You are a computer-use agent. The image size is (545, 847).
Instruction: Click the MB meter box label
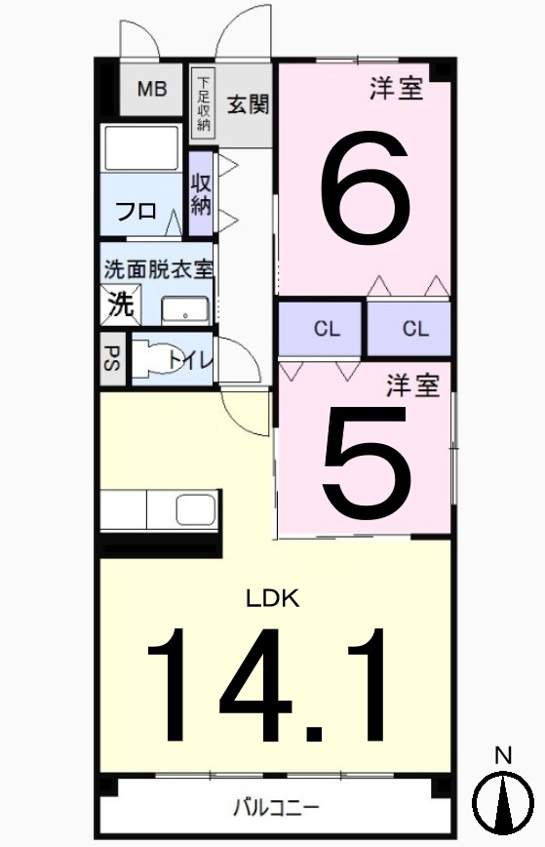pos(151,89)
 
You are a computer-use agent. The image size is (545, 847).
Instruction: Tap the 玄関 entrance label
pos(248,104)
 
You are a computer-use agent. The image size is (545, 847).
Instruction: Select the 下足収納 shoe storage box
pos(204,102)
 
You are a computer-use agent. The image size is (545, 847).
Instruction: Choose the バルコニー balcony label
pos(276,807)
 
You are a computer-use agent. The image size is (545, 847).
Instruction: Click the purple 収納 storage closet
pos(201,194)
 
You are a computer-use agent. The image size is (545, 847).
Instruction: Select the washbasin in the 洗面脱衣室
pos(184,310)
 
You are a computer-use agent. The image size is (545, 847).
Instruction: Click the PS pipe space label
pos(111,358)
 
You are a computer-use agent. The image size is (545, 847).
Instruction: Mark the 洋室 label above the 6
pos(396,90)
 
